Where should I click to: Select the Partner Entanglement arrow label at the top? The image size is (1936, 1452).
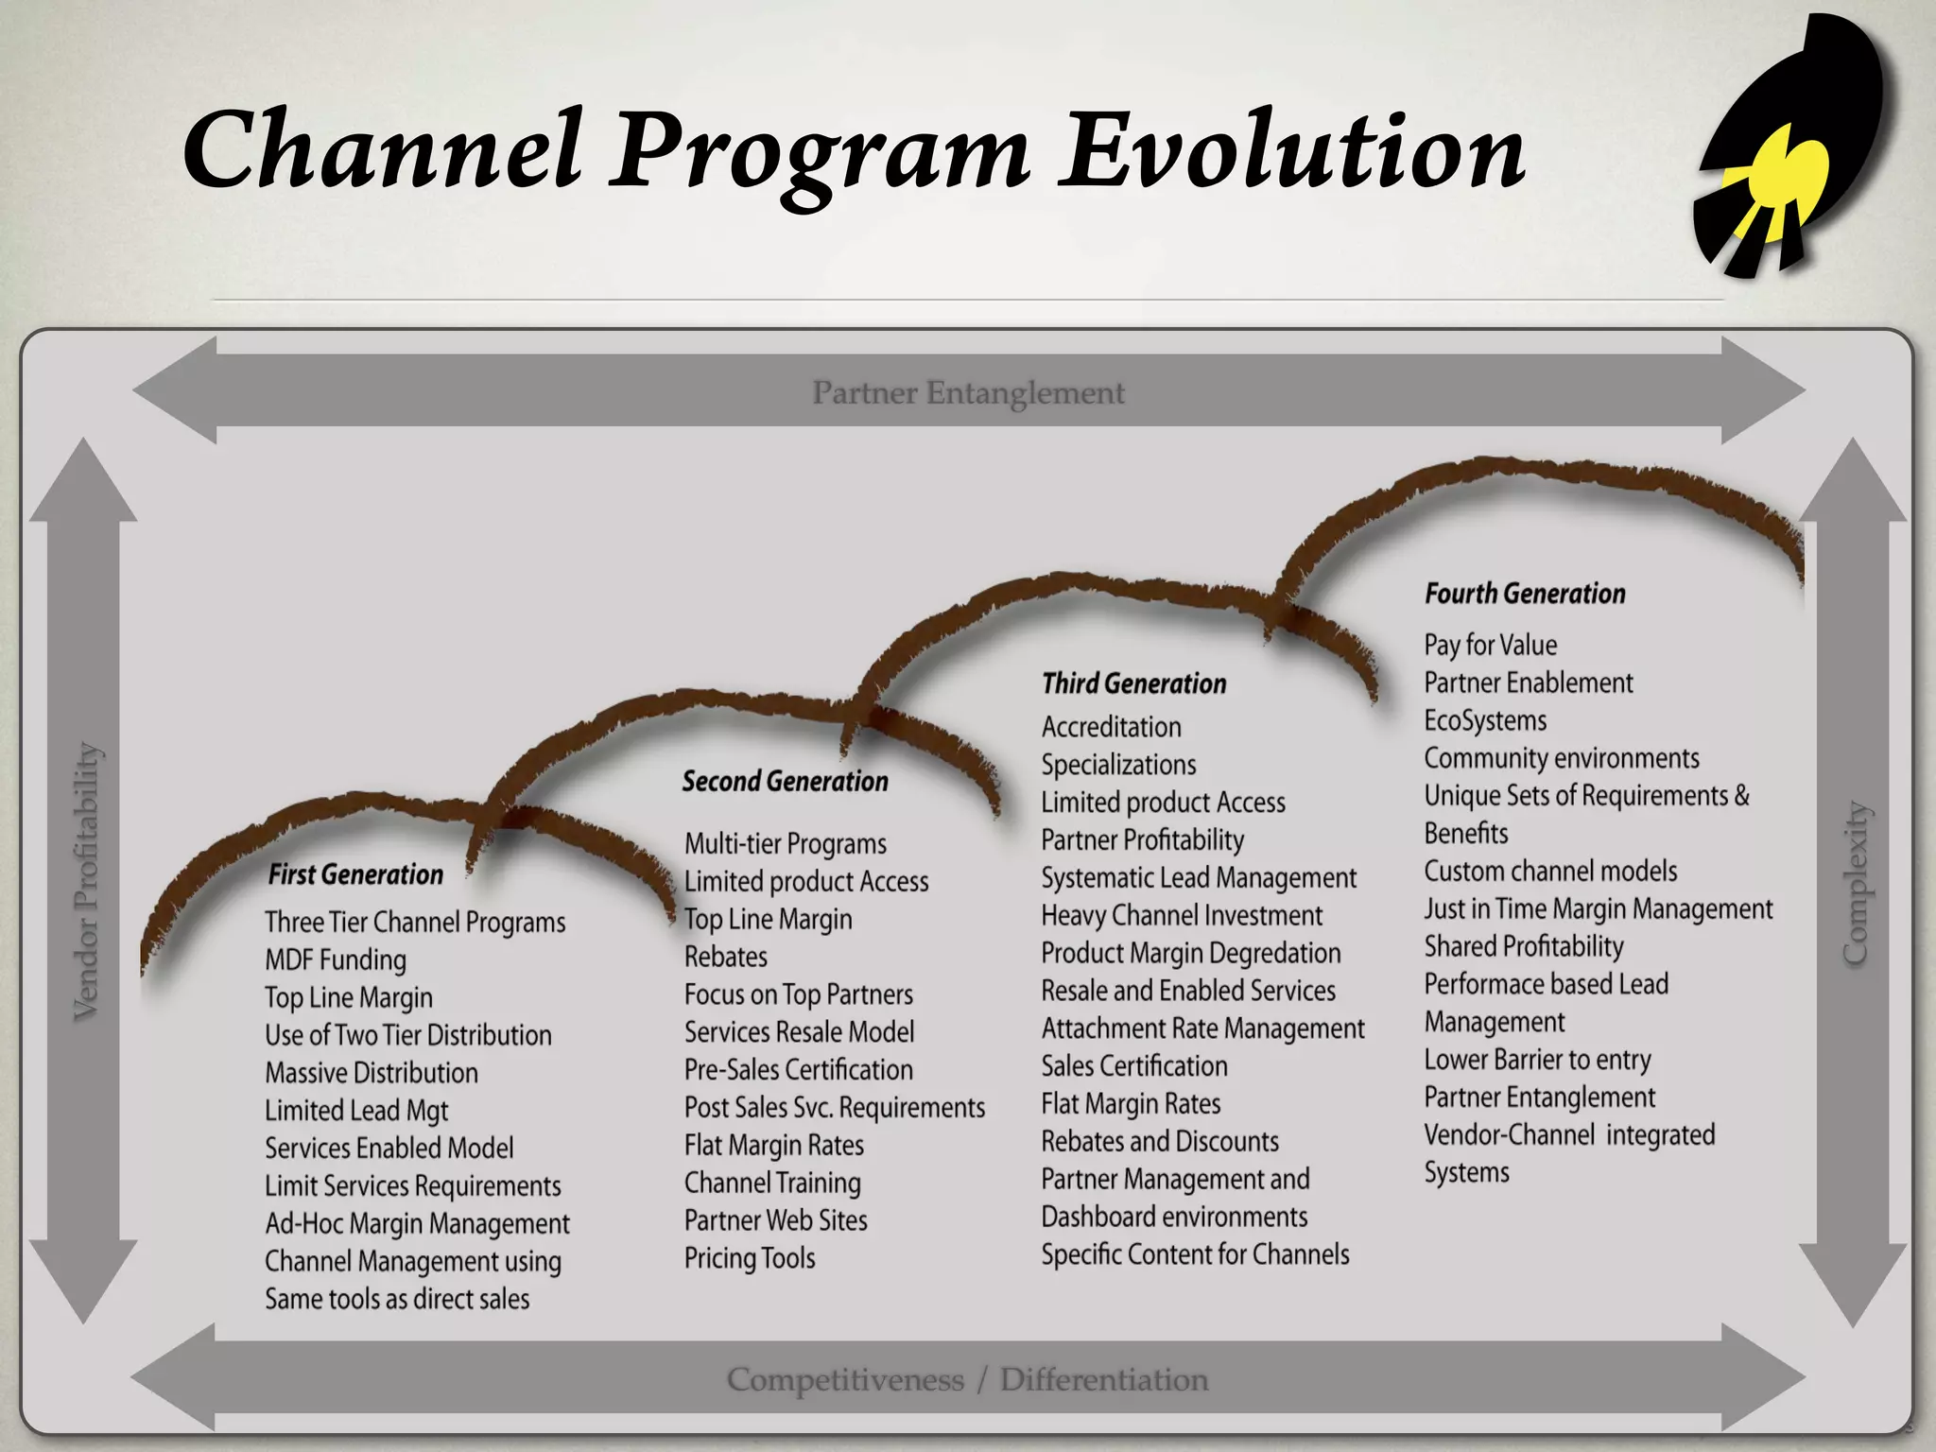pos(968,392)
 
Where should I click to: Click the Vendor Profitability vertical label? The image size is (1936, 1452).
pos(86,880)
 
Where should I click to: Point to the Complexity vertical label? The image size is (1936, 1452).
pos(1856,883)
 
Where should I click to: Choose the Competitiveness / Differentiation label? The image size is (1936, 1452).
pos(967,1380)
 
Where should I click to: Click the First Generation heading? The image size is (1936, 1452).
pos(355,874)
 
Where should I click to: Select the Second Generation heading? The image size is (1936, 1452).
pos(785,782)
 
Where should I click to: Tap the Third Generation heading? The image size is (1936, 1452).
pos(1133,683)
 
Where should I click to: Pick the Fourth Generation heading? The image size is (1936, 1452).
pos(1525,594)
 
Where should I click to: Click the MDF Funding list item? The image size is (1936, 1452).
pos(336,959)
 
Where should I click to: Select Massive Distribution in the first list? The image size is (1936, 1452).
pos(372,1073)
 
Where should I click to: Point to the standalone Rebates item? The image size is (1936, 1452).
pos(726,957)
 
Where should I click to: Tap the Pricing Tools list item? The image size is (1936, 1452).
pos(750,1258)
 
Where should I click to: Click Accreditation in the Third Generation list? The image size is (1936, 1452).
pos(1112,727)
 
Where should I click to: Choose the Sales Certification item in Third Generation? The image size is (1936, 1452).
pos(1134,1066)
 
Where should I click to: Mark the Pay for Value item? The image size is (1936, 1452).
pos(1490,645)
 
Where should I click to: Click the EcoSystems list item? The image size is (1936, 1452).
pos(1485,720)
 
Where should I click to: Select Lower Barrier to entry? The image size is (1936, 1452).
pos(1537,1060)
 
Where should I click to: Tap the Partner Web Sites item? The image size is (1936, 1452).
pos(776,1220)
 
